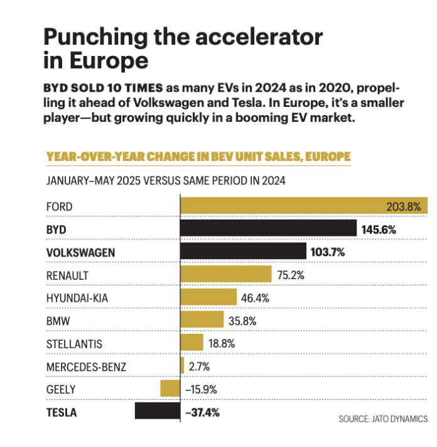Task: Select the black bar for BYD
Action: (268, 229)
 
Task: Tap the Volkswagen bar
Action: (243, 252)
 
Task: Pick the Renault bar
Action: (225, 275)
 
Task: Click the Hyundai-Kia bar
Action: (208, 297)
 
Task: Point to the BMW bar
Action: (202, 320)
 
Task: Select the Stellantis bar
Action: (192, 343)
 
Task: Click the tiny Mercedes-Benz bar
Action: (182, 366)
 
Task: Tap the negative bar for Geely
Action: (170, 389)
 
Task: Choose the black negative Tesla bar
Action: (158, 411)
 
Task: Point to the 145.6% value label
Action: (379, 229)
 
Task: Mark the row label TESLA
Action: (62, 412)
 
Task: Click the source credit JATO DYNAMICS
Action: (383, 418)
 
